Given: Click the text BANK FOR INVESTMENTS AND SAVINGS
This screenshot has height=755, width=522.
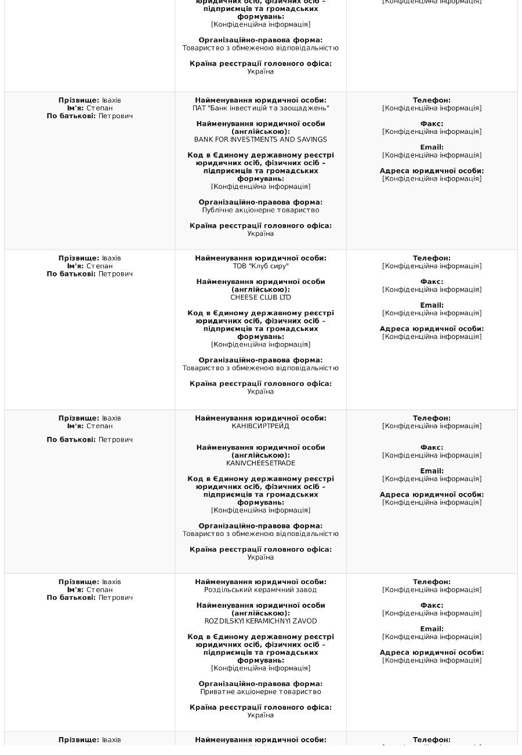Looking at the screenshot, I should coord(260,140).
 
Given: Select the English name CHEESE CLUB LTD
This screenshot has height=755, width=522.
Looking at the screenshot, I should coord(260,297).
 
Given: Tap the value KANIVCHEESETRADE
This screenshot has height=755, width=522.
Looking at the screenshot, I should coord(260,463).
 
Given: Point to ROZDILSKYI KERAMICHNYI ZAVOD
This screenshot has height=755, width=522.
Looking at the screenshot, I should coord(260,621).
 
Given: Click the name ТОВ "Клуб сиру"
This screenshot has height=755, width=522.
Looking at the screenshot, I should coord(260,266).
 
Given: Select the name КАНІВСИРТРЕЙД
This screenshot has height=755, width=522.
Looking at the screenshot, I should coord(260,426).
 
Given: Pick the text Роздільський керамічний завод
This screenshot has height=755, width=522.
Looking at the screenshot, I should coord(260,590).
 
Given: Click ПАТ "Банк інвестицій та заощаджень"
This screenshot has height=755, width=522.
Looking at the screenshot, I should coord(260,108).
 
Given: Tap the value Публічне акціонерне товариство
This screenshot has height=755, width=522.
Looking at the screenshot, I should coord(260,210).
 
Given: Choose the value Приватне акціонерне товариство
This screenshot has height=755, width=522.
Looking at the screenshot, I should coord(260,692).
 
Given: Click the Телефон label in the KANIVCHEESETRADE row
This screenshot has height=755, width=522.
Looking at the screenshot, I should coord(432,418).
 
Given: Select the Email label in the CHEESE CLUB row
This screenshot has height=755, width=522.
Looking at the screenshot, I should coord(432,305).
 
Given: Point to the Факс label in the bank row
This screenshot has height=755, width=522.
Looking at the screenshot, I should coord(432,124).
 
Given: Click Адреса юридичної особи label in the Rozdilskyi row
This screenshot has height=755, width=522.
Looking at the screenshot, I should coord(432,652).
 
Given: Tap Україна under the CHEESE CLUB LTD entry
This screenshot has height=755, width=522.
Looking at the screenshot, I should coord(260,392).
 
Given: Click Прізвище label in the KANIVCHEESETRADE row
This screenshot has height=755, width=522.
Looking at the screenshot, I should coord(79,418).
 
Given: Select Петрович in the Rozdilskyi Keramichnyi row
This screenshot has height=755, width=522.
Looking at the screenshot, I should coord(115,597).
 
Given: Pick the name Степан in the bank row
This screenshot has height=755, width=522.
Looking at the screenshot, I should coord(100,108).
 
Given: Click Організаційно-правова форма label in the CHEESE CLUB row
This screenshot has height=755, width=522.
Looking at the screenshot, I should coord(260,360).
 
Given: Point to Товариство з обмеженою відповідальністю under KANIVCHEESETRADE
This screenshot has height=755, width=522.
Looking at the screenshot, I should coord(260,534).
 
